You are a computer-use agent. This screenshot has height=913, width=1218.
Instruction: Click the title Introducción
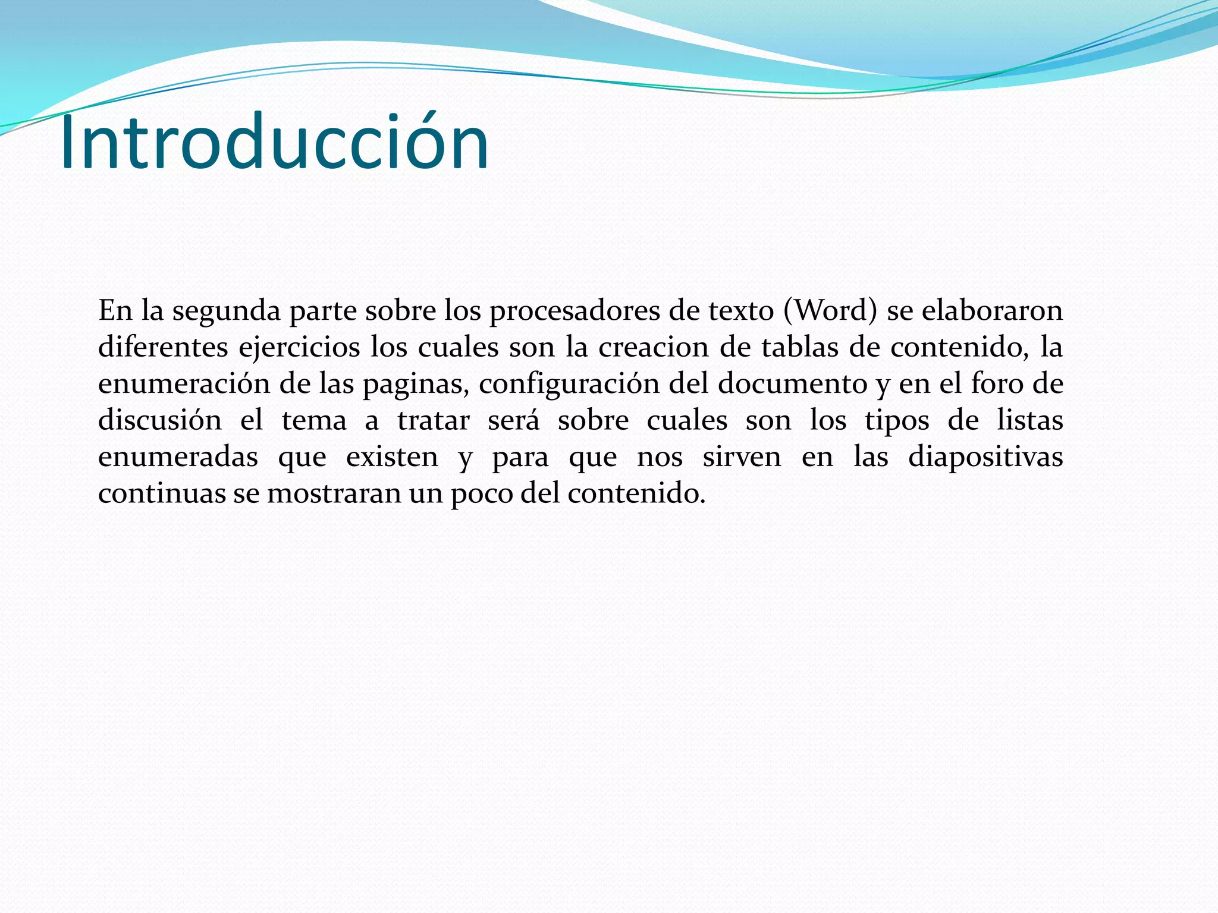pos(274,143)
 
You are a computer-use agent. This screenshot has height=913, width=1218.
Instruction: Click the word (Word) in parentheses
pos(830,310)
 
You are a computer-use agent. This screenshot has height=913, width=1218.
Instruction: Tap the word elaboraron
pos(992,310)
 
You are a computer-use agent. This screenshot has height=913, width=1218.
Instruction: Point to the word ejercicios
pos(299,347)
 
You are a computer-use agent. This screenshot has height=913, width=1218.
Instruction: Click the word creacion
pos(653,347)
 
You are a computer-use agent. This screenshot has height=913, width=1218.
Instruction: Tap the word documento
pos(792,384)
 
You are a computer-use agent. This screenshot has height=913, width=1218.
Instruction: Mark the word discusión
pos(160,421)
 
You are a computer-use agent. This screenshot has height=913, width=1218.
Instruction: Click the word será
pos(513,421)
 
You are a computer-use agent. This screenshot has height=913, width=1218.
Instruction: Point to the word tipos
pos(897,421)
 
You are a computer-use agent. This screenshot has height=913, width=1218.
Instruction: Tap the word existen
pos(392,458)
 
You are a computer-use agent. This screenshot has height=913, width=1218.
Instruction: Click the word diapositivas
pos(985,458)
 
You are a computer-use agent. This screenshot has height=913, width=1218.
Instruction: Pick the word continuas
pos(161,493)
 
